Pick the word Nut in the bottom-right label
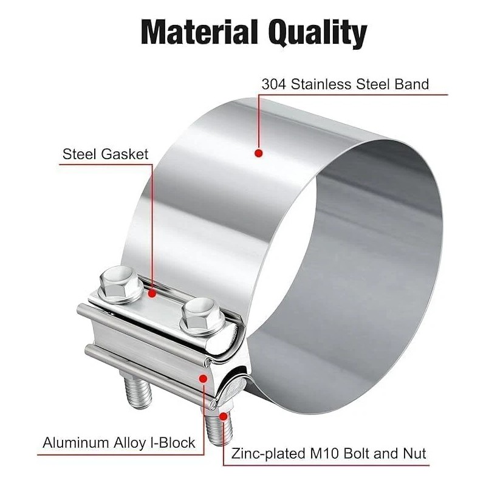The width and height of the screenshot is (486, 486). click(414, 453)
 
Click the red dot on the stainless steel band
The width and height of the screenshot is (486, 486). click(258, 154)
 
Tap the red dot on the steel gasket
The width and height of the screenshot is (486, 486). click(151, 293)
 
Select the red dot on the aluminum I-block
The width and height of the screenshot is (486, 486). click(203, 378)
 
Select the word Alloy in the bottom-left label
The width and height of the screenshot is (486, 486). click(130, 443)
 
